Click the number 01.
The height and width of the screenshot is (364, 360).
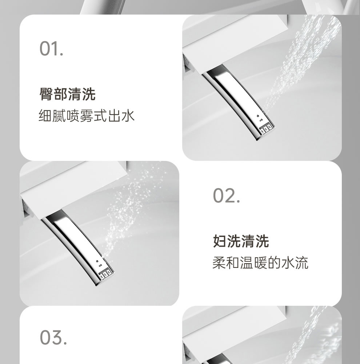(x=51, y=48)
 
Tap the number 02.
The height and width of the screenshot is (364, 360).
(x=227, y=195)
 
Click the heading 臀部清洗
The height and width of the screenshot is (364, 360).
(x=68, y=94)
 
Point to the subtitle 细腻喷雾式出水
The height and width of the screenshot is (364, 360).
(x=87, y=115)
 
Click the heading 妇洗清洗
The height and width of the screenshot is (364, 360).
(x=241, y=241)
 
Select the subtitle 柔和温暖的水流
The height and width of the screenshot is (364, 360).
(x=260, y=263)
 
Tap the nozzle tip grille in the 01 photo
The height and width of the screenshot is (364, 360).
(x=266, y=129)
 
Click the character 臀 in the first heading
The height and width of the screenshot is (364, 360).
(x=46, y=94)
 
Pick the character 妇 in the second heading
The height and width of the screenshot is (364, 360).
(x=220, y=241)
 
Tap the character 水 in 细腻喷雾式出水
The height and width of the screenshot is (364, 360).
(x=128, y=115)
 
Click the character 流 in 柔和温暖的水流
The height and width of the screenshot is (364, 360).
(x=302, y=263)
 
